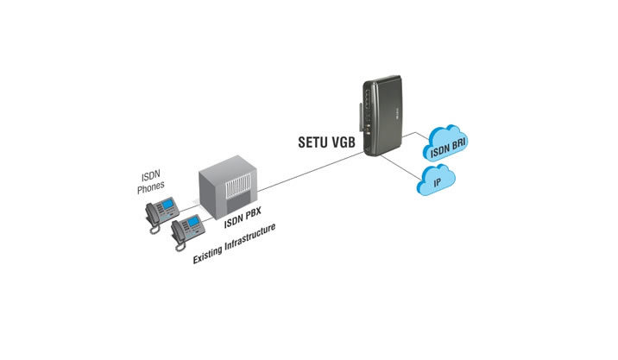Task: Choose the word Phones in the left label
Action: tap(150, 186)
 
